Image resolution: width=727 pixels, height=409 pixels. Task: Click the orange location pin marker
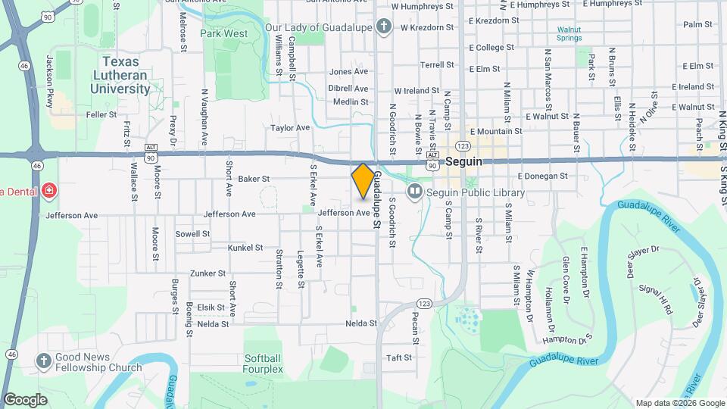pyautogui.click(x=363, y=181)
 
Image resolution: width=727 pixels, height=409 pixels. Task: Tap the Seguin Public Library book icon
pyautogui.click(x=414, y=192)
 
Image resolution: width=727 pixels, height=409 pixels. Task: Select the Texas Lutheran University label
pyautogui.click(x=120, y=75)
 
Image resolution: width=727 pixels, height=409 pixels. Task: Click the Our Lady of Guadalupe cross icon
pyautogui.click(x=384, y=28)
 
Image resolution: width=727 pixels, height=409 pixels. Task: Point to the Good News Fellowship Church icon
pyautogui.click(x=44, y=361)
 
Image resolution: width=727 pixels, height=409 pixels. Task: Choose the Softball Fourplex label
pyautogui.click(x=264, y=364)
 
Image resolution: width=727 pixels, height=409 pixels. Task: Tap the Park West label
pyautogui.click(x=223, y=34)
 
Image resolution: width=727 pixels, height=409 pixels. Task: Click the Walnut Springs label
pyautogui.click(x=569, y=33)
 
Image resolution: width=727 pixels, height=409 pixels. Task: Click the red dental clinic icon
pyautogui.click(x=50, y=190)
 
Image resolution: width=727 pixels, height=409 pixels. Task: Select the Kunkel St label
pyautogui.click(x=246, y=248)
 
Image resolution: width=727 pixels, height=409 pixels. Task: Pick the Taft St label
pyautogui.click(x=399, y=357)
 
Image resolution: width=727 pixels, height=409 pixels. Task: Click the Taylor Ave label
pyautogui.click(x=291, y=128)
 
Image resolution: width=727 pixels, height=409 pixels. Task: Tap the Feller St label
pyautogui.click(x=101, y=115)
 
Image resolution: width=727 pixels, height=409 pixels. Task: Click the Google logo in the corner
pyautogui.click(x=25, y=400)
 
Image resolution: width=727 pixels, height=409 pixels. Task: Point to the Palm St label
pyautogui.click(x=694, y=24)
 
